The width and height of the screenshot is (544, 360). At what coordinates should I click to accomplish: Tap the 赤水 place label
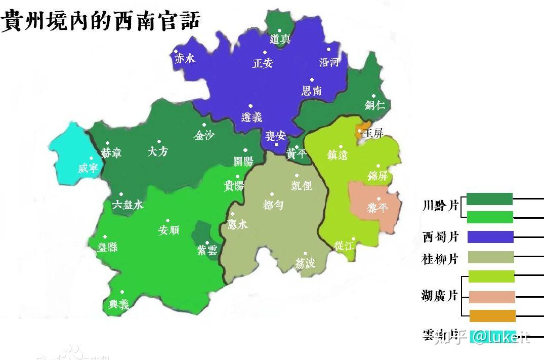[184, 59]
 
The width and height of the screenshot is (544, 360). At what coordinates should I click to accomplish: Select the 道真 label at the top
[280, 39]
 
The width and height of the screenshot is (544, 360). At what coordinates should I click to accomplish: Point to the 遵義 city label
[252, 117]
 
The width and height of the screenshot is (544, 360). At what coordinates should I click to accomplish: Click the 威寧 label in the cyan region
[88, 168]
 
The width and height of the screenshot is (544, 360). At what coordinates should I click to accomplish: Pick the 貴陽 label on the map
[234, 186]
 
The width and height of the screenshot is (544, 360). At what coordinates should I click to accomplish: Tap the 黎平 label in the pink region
[377, 208]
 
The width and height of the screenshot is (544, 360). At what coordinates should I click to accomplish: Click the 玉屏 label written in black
[373, 134]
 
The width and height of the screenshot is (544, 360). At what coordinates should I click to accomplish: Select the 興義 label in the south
[119, 304]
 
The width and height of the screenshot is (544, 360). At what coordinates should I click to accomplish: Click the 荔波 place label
[305, 263]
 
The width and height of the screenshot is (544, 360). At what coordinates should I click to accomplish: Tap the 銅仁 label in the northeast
[375, 105]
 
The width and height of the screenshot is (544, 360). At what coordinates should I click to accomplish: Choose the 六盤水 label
[128, 205]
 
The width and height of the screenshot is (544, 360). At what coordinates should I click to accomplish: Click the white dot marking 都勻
[272, 194]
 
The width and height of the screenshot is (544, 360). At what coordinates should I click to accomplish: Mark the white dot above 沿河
[328, 50]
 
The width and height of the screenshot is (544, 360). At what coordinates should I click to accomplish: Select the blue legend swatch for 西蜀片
[490, 237]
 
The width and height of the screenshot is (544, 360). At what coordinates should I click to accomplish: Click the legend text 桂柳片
[440, 259]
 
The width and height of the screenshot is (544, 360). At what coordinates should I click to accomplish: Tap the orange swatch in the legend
[492, 316]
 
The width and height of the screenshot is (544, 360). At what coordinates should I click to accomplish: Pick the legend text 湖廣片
[439, 296]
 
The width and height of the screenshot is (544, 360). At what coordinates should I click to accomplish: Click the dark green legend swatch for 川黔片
[489, 199]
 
